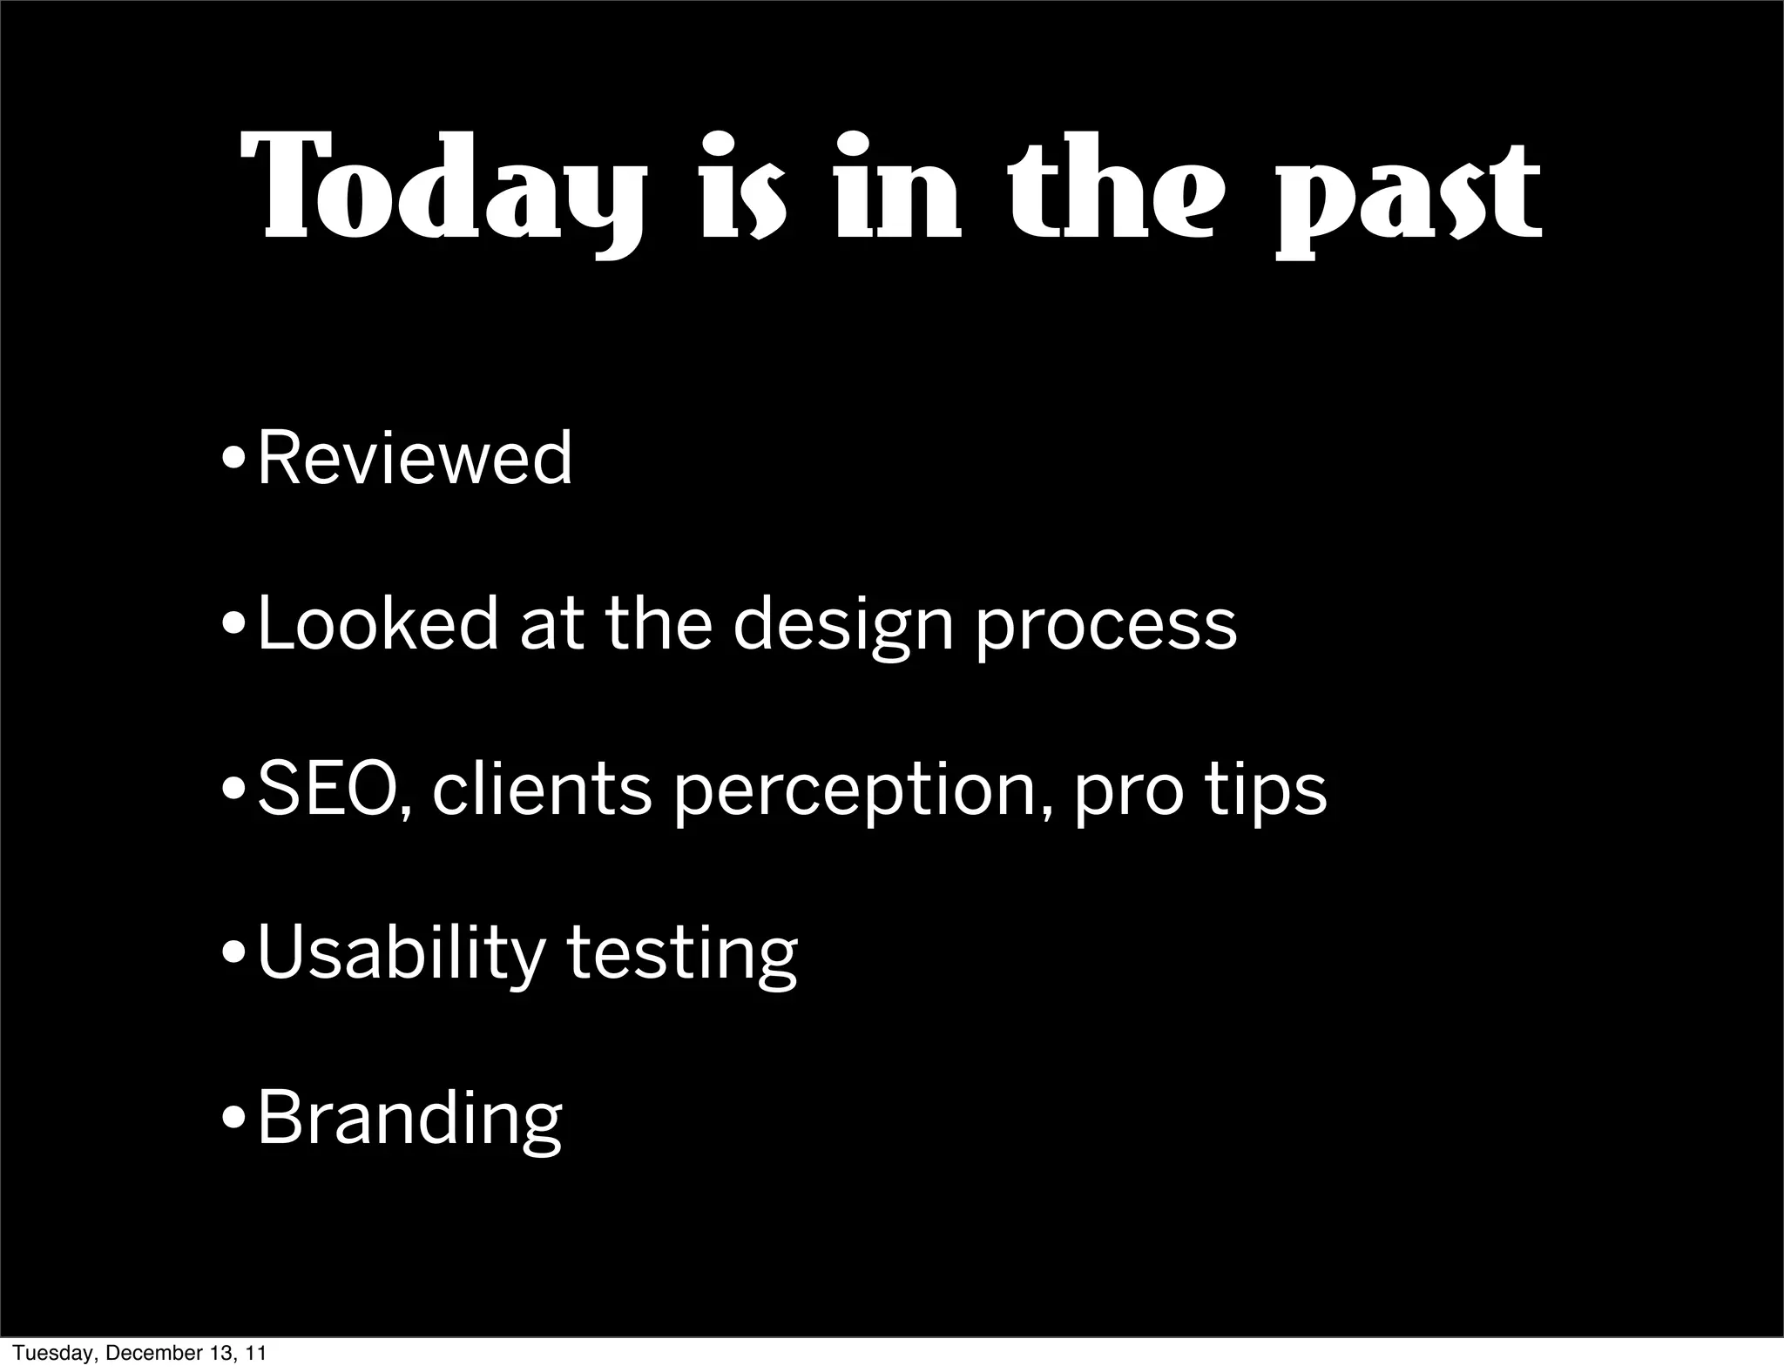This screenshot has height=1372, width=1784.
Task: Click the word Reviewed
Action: point(416,458)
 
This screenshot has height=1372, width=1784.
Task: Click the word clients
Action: point(541,789)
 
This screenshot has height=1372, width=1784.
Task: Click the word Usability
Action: point(402,956)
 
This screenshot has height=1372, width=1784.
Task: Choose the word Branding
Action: point(410,1120)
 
